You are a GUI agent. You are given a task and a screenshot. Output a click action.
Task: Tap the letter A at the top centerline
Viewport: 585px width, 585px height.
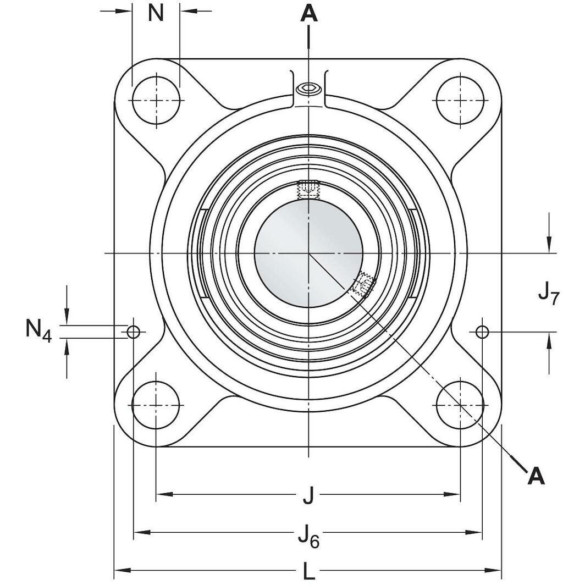pyautogui.click(x=309, y=14)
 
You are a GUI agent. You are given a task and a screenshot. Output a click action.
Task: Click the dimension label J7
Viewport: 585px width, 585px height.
pyautogui.click(x=548, y=294)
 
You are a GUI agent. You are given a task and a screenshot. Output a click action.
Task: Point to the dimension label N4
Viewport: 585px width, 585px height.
pyautogui.click(x=38, y=330)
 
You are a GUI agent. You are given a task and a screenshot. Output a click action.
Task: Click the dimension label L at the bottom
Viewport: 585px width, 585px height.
pyautogui.click(x=309, y=572)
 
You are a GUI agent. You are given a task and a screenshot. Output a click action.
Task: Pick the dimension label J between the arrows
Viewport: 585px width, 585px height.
pyautogui.click(x=308, y=496)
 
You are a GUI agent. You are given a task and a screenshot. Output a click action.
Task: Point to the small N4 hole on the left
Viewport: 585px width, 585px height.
pyautogui.click(x=134, y=332)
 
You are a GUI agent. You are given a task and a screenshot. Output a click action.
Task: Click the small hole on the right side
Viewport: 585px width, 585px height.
pyautogui.click(x=482, y=332)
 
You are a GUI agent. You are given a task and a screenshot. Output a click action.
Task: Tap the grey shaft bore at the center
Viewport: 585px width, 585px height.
pyautogui.click(x=308, y=252)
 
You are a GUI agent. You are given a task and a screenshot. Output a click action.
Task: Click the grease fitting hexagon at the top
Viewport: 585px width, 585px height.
pyautogui.click(x=308, y=89)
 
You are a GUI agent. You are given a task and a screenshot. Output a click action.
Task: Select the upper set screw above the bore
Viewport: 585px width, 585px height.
pyautogui.click(x=308, y=190)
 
